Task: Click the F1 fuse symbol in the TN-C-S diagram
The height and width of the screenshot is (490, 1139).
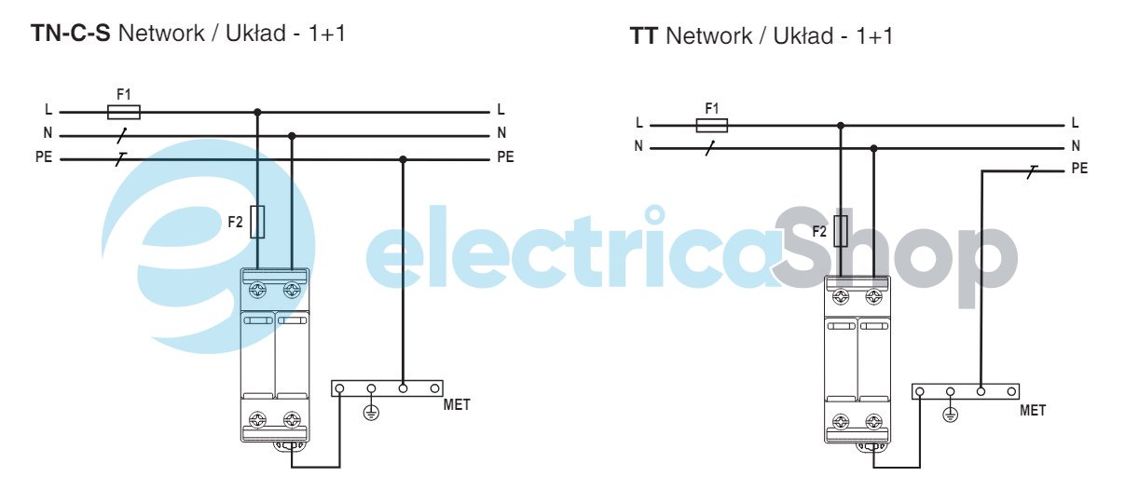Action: [124, 112]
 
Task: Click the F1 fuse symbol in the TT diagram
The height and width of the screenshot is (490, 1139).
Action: [712, 125]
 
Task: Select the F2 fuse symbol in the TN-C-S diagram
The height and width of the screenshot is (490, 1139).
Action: [258, 223]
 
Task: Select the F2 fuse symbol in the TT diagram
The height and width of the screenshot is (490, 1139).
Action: [841, 231]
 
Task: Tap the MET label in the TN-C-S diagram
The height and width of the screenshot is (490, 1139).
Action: [458, 404]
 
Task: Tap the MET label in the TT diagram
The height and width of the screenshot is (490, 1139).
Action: [1033, 410]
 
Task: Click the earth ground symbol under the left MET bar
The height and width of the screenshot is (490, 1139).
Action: [371, 411]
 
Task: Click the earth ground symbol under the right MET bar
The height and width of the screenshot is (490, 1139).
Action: [951, 415]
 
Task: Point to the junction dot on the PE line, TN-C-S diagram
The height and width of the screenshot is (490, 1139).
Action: [403, 159]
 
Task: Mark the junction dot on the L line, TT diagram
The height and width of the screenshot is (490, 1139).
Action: [841, 125]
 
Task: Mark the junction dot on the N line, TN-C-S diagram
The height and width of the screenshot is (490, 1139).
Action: [292, 136]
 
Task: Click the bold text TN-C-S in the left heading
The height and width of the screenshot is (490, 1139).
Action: [71, 34]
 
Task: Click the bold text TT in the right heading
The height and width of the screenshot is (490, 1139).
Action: [644, 37]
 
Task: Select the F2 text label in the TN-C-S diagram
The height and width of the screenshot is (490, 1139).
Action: [236, 223]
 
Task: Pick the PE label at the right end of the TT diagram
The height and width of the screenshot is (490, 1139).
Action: [1079, 169]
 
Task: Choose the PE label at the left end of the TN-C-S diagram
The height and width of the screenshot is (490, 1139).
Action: [44, 157]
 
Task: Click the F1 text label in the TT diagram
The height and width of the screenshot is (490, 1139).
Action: [712, 108]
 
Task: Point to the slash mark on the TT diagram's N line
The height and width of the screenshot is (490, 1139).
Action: [711, 147]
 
